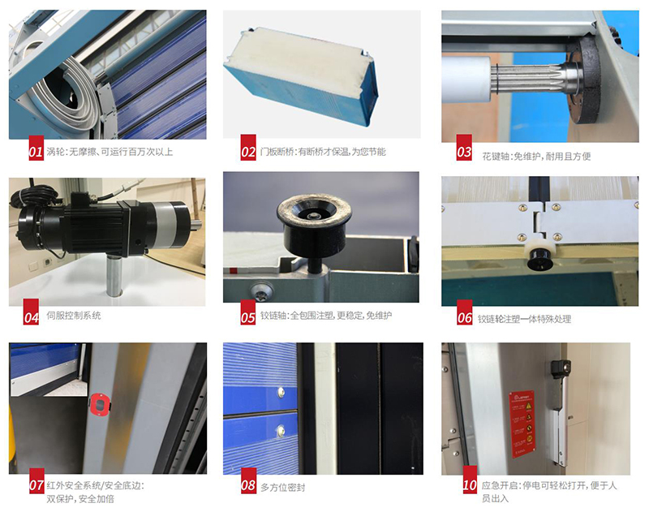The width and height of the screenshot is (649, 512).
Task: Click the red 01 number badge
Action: [36, 148]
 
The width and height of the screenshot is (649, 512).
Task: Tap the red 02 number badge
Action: [248, 147]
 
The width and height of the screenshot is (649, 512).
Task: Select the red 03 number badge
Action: [464, 148]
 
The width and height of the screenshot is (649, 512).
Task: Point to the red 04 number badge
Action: [31, 312]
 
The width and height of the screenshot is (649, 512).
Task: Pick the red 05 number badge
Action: [248, 312]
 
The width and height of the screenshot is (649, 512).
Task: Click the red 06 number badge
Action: [464, 312]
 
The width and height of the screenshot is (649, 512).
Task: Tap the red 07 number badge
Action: [37, 480]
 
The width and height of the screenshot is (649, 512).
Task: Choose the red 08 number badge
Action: [248, 480]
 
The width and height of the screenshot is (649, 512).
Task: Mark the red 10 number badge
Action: [470, 480]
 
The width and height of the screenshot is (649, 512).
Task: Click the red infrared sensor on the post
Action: [101, 403]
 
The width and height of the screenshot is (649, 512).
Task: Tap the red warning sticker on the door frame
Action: [522, 424]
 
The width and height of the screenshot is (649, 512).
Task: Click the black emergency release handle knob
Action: [561, 367]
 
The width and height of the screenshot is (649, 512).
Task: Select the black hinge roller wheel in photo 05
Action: [314, 223]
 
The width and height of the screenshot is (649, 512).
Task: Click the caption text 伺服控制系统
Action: [74, 316]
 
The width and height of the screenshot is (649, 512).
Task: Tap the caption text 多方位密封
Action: [282, 488]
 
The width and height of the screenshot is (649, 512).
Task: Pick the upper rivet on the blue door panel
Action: [281, 391]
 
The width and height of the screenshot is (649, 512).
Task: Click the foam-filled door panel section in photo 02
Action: [300, 76]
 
